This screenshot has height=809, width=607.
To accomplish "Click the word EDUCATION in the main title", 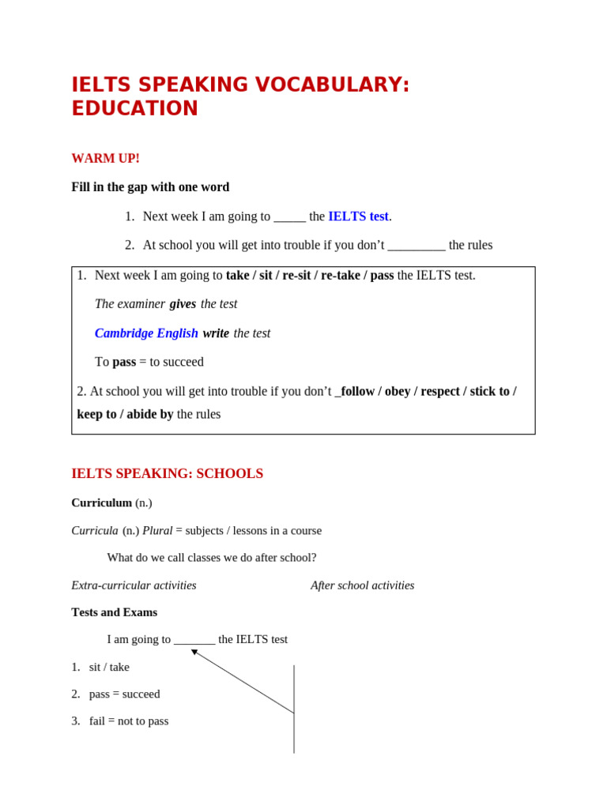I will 134,109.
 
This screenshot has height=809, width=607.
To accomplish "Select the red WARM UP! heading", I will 105,159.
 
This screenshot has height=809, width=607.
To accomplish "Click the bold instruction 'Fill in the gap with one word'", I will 150,187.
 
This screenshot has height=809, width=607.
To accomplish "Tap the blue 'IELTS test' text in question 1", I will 358,216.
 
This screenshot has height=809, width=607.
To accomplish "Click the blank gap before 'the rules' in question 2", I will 417,246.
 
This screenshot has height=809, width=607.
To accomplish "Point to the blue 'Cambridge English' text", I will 146,333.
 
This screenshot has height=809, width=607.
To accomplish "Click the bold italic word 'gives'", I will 183,304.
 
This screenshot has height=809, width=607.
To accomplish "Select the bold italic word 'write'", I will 216,333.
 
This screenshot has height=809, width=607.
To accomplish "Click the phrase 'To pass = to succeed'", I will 149,362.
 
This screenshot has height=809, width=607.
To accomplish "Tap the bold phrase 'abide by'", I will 146,414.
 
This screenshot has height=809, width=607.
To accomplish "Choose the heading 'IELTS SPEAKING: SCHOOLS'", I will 167,474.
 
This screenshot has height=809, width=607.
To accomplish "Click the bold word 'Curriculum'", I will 101,503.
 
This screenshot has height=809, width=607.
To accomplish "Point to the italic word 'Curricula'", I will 95,531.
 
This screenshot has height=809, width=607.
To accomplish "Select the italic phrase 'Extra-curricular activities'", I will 134,585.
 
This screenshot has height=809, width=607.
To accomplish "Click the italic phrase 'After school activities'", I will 362,585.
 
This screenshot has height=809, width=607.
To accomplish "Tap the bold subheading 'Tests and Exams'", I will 114,612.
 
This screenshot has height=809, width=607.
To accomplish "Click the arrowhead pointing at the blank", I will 194,653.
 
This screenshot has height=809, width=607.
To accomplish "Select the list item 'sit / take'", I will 109,667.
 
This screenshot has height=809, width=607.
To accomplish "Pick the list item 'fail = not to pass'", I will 128,721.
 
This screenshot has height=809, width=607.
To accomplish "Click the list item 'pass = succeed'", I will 124,694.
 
